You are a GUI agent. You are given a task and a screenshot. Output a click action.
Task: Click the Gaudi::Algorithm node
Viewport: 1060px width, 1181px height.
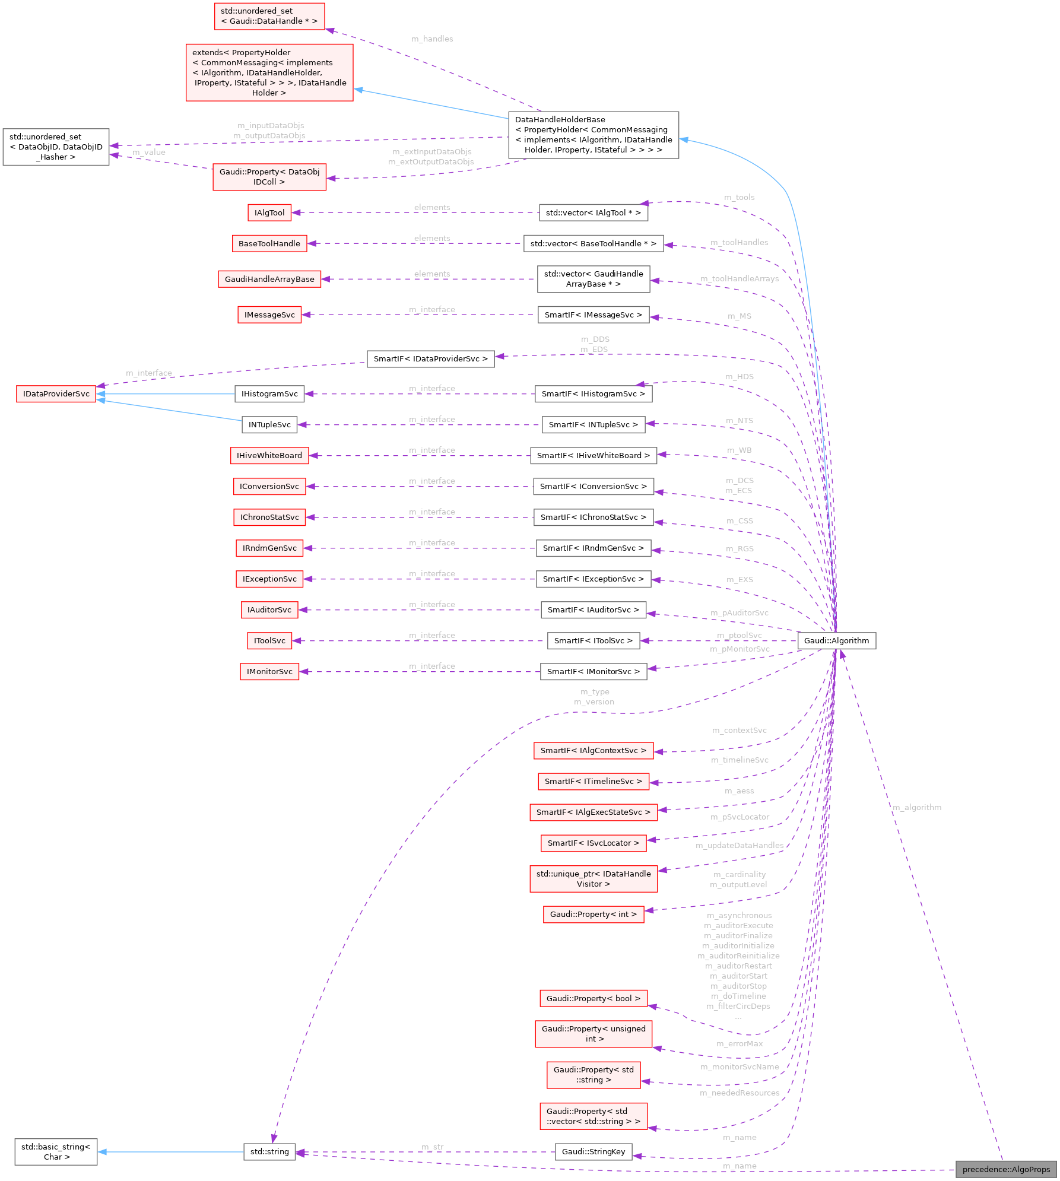coord(836,640)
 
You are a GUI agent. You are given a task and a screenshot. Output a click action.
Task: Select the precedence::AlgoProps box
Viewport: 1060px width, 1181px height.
coord(1006,1169)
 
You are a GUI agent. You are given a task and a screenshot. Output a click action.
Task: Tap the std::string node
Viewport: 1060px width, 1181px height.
coord(269,1151)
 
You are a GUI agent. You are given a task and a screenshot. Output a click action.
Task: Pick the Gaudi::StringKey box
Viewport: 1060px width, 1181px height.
coord(593,1151)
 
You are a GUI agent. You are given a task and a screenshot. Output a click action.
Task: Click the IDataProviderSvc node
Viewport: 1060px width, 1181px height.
coord(56,393)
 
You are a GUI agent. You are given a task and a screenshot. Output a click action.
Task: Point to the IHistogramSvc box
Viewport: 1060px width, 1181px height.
coord(269,393)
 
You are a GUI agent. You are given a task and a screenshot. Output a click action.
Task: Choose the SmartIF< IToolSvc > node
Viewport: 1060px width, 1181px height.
coord(593,640)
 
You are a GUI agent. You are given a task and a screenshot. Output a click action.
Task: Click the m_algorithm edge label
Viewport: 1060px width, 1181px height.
coord(917,807)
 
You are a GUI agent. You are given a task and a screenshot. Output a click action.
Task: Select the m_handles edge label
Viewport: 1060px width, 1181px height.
coord(432,39)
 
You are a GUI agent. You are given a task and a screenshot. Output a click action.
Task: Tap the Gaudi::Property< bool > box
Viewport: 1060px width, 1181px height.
coord(593,998)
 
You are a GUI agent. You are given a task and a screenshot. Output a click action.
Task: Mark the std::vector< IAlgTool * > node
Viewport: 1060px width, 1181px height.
coord(593,212)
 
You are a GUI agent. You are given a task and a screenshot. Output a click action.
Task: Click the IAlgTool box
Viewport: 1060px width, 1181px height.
coord(269,212)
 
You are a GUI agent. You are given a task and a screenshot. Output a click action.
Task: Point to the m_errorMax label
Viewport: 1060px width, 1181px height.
coord(740,1043)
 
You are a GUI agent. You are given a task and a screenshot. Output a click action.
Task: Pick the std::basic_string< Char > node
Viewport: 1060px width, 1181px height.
coord(56,1151)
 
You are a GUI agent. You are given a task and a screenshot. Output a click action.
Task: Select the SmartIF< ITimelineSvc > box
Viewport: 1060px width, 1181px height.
coord(593,781)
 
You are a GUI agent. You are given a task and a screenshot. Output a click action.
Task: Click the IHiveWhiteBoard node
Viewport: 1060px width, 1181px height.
coord(269,455)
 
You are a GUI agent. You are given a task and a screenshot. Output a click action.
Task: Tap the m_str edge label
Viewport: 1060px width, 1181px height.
coord(432,1147)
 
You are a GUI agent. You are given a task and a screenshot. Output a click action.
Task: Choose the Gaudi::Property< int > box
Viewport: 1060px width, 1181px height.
coord(593,914)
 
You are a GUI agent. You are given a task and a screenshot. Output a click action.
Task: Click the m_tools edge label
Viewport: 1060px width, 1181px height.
coord(740,197)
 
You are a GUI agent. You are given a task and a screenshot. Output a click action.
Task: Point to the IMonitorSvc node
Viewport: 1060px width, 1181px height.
coord(269,671)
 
